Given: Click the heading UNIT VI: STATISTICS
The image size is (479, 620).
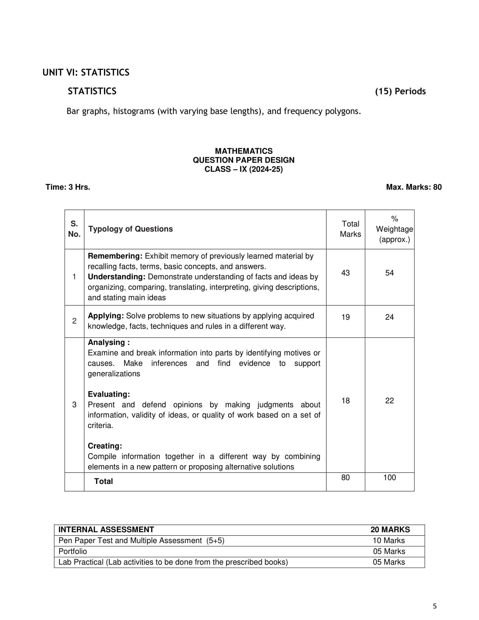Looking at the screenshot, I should (86, 73).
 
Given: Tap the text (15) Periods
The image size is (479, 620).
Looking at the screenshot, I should (400, 91).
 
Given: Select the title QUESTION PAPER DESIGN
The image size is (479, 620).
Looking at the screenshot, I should (243, 160).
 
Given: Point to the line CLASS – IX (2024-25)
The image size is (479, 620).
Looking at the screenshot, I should (243, 169).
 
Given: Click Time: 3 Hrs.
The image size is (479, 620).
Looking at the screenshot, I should (68, 187).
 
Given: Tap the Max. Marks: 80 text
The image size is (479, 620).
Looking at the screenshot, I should (413, 187).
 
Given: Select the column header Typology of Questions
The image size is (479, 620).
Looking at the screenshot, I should (130, 229).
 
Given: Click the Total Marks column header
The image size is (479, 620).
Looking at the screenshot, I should (351, 229).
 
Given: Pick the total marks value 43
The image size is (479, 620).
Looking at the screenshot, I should (345, 273).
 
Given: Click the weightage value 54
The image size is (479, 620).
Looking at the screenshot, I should (389, 273).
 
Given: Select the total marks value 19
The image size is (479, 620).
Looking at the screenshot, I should (345, 317).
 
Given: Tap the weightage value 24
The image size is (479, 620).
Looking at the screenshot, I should (389, 317).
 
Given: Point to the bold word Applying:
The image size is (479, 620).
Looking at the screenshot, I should (106, 316).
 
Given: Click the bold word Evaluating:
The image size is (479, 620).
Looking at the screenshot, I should (109, 394).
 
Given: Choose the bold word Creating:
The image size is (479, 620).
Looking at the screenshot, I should (105, 446).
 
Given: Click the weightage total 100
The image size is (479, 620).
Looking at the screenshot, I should (389, 477).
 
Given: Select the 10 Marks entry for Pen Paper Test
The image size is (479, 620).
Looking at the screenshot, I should (389, 541).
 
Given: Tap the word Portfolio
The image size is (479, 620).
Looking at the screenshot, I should (73, 551).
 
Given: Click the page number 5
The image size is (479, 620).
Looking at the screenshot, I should (435, 606).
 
